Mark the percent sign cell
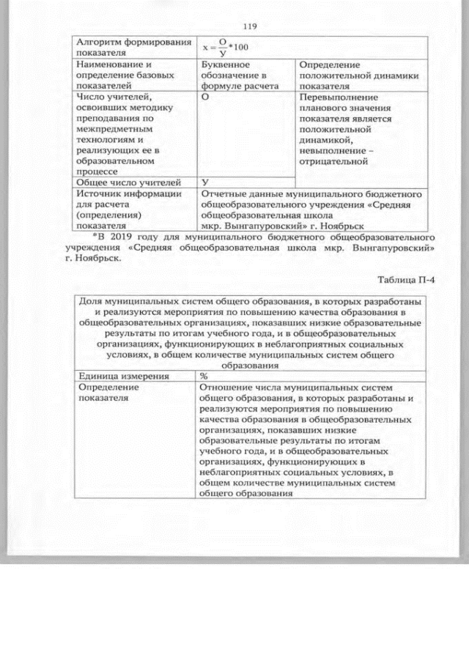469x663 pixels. (204, 376)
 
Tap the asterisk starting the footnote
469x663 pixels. (96, 237)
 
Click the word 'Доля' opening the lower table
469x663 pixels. (90, 302)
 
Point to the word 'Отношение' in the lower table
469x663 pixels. (226, 387)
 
